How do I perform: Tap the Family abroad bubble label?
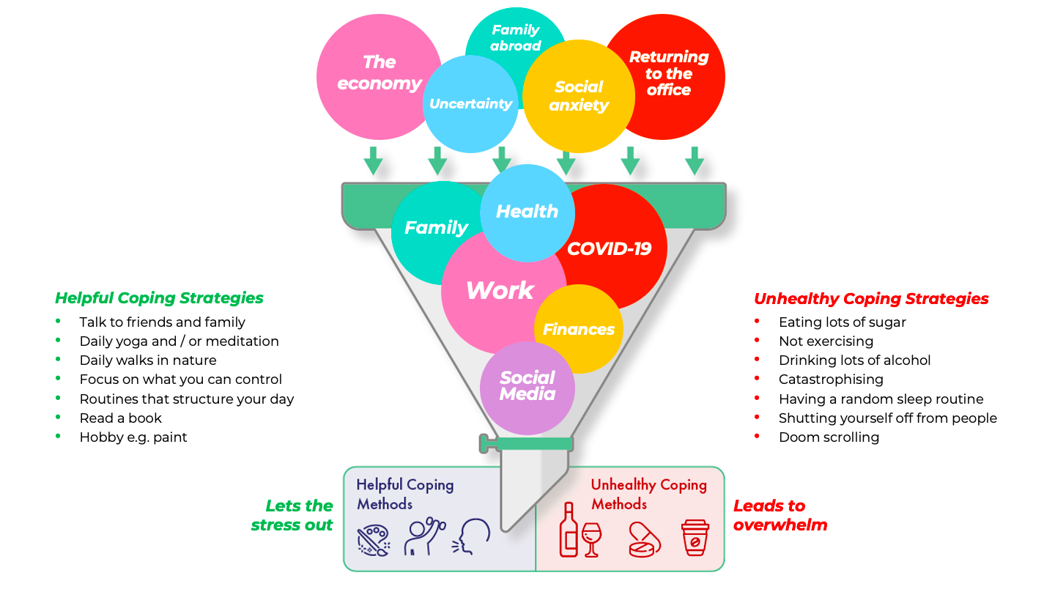point(515,37)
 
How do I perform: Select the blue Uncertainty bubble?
point(470,104)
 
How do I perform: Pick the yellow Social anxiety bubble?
point(579,96)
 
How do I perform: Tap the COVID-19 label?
point(609,248)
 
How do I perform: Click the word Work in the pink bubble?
point(500,290)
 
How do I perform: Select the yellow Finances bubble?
point(578,329)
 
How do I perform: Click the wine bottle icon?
point(569,530)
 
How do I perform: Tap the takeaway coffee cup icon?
point(695,538)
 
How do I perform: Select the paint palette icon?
point(373,540)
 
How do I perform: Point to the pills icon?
point(644,540)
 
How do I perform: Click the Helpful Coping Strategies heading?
point(159,298)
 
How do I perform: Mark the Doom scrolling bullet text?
point(829,437)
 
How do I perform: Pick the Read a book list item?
point(121,418)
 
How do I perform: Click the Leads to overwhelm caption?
point(780,515)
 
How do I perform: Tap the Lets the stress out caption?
point(292,515)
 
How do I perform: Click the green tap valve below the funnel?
point(526,444)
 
